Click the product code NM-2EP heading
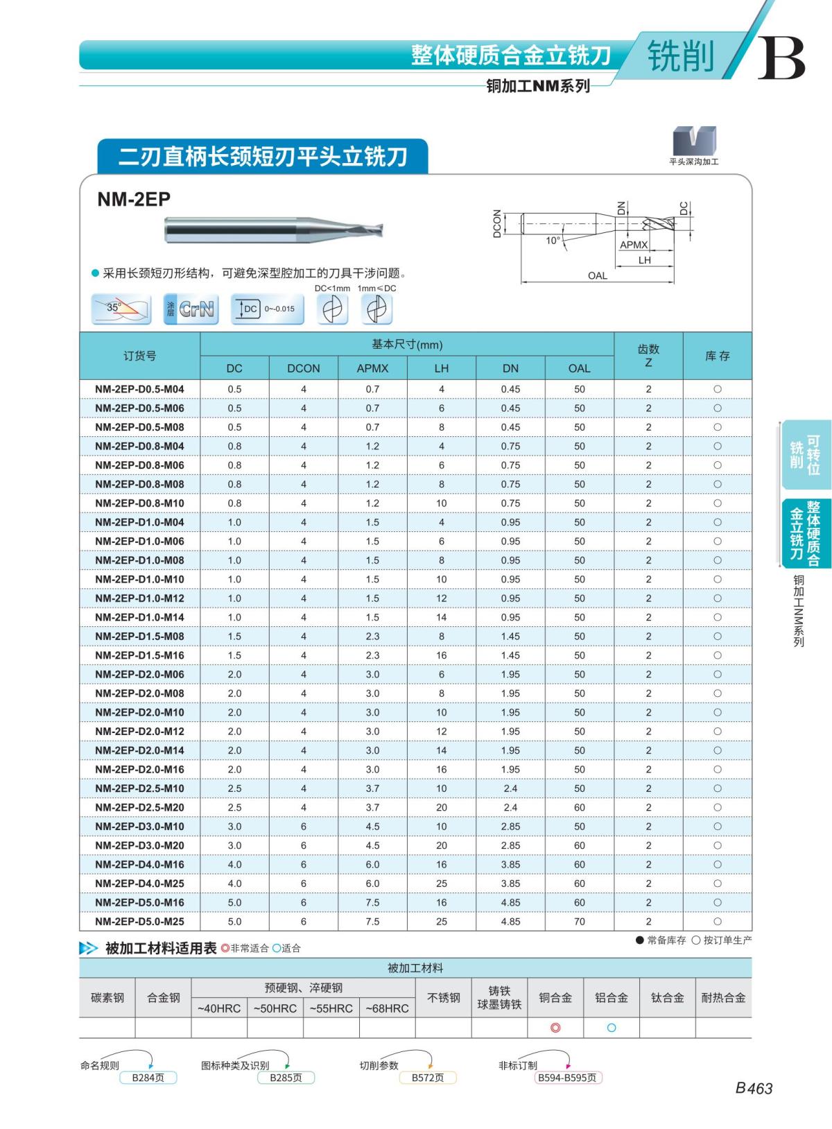point(134,200)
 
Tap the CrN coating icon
point(191,309)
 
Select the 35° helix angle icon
point(121,309)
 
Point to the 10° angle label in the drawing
point(553,241)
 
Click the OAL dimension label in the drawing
point(598,276)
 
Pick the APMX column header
point(372,368)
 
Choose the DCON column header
point(304,368)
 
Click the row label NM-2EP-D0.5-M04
point(139,389)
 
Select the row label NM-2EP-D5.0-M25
point(139,922)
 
